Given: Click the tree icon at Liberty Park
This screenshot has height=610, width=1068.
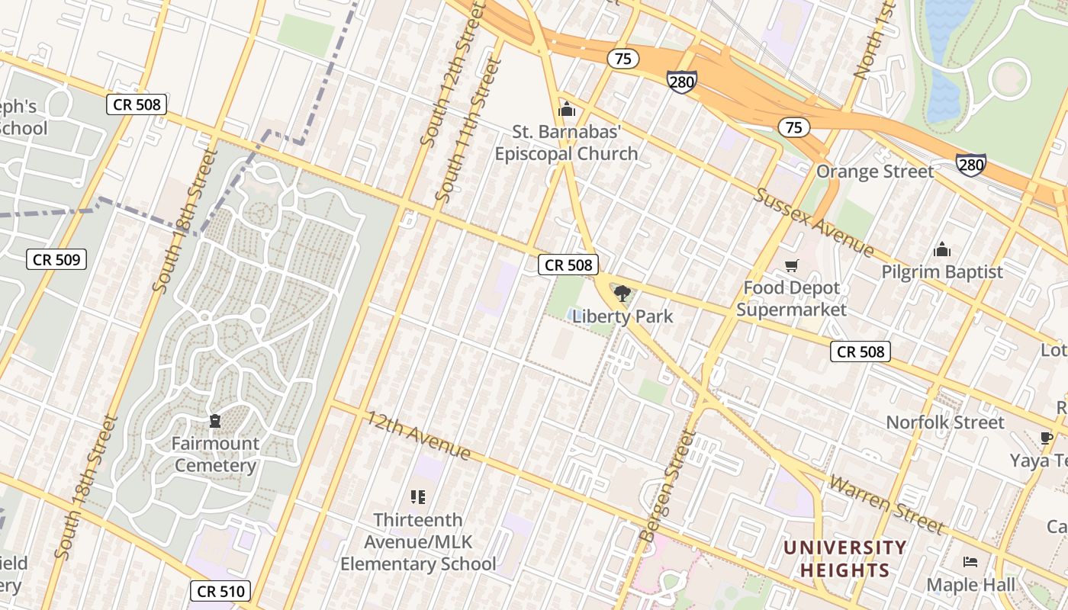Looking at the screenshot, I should tap(622, 294).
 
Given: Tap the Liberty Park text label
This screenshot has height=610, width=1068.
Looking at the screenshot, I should tap(622, 316).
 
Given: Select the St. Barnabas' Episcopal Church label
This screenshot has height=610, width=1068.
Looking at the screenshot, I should tap(566, 143).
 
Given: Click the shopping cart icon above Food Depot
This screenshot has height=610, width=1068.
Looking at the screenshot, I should tap(791, 266).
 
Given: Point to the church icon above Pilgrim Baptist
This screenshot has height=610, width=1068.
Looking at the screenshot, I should tap(942, 249).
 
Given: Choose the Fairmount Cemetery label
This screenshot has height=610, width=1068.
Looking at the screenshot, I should tap(214, 454).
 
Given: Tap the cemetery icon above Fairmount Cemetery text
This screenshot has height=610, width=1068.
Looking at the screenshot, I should tap(214, 421).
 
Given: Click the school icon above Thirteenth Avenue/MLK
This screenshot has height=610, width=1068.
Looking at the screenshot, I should tap(417, 497).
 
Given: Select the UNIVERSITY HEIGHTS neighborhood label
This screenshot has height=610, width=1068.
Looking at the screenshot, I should tap(844, 559).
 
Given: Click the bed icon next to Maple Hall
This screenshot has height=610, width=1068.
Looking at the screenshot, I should tap(970, 562).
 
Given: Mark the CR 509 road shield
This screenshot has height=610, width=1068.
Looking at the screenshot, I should tap(57, 259).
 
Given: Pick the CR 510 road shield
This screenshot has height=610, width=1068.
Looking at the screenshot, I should tap(220, 591).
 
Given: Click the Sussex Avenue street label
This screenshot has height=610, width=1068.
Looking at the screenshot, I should tap(813, 221).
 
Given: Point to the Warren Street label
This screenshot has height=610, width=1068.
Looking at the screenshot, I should tap(886, 504).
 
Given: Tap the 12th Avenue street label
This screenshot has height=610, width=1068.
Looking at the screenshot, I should tap(418, 435).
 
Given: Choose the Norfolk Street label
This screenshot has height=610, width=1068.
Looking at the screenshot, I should tap(944, 422).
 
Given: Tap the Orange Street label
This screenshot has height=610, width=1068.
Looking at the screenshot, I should tap(874, 172).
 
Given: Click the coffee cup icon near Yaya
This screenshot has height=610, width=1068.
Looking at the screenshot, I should tap(1046, 437).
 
